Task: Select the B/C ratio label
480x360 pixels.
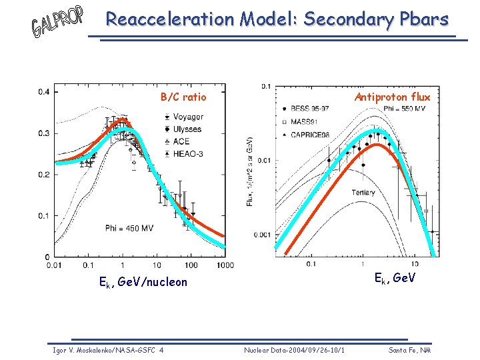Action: click(x=183, y=97)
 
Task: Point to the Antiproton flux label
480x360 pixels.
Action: click(x=393, y=97)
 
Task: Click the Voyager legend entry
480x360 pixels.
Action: click(x=189, y=117)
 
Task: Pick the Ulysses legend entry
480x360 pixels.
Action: click(x=188, y=129)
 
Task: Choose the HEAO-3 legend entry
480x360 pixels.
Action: click(x=189, y=153)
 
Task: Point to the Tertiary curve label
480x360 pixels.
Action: click(x=363, y=193)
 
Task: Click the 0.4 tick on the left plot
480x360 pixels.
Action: click(x=43, y=92)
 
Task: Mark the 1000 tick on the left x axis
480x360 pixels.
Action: click(x=225, y=266)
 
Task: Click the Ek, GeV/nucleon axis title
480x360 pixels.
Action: click(x=143, y=282)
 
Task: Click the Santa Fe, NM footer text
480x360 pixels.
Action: click(x=409, y=350)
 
